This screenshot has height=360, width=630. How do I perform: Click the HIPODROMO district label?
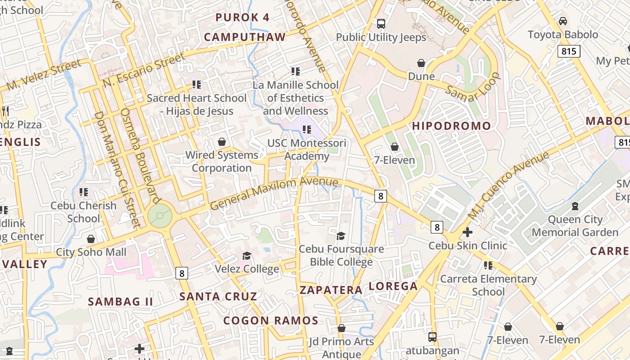pos(451,126)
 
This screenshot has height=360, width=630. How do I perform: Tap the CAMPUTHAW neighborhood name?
pos(245,37)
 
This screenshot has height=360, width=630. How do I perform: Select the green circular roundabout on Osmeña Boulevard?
pos(160,216)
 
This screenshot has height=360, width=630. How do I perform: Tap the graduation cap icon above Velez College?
pos(247,256)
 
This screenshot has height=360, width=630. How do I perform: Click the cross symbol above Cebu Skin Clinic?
pos(468,232)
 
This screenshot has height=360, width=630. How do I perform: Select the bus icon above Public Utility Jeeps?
pos(381,24)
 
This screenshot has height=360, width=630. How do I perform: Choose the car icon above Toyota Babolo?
pos(562,21)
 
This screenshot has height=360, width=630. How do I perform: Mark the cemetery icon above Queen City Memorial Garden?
pos(574,206)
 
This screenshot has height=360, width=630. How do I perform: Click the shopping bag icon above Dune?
pos(421,63)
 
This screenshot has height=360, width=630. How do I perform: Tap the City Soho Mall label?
pos(91,252)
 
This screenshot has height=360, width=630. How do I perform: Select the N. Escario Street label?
pos(144,70)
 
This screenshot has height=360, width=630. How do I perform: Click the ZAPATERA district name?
pos(331,290)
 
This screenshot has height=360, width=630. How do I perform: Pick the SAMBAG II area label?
pos(121,301)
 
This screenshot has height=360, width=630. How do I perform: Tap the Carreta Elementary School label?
pos(488,285)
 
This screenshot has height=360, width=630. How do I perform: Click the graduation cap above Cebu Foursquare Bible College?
pos(341,236)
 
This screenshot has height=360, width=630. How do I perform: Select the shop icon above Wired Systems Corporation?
pos(221,142)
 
